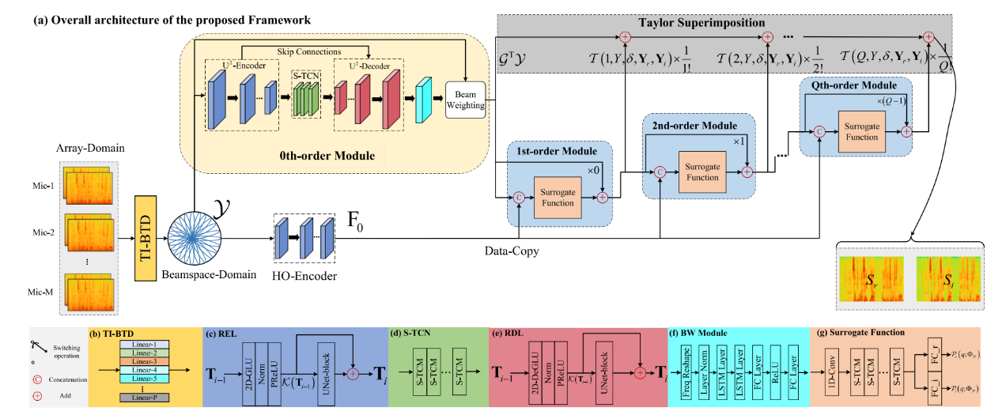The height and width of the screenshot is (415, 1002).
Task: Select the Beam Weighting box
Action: pyautogui.click(x=465, y=98)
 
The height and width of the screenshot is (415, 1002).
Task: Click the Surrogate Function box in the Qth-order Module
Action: pyautogui.click(x=862, y=131)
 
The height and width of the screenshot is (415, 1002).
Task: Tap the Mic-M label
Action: pyautogui.click(x=44, y=291)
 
